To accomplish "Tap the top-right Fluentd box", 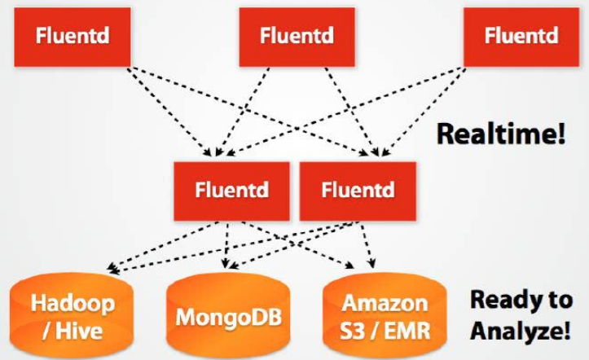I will [521, 37].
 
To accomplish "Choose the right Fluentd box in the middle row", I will [358, 190].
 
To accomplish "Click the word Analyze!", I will [520, 330].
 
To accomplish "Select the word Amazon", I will [385, 302].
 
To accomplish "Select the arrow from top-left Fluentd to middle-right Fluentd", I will [244, 106].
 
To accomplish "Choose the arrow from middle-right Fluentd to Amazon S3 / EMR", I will [369, 244].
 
